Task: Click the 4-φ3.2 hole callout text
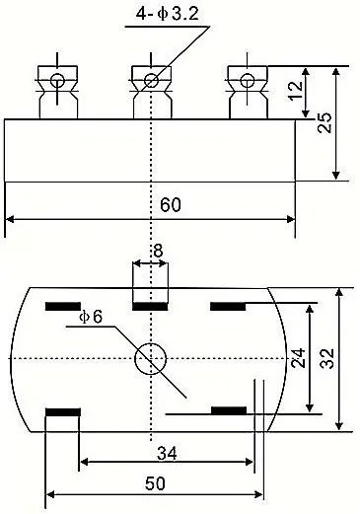click(x=168, y=14)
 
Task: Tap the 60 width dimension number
click(x=171, y=204)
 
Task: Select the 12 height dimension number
click(x=295, y=91)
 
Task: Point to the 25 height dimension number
click(x=324, y=122)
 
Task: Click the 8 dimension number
click(x=158, y=251)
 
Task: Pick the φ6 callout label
click(x=91, y=317)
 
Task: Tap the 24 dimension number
click(x=299, y=358)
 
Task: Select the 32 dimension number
click(x=327, y=358)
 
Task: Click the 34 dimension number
click(x=167, y=453)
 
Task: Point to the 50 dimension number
click(x=155, y=483)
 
